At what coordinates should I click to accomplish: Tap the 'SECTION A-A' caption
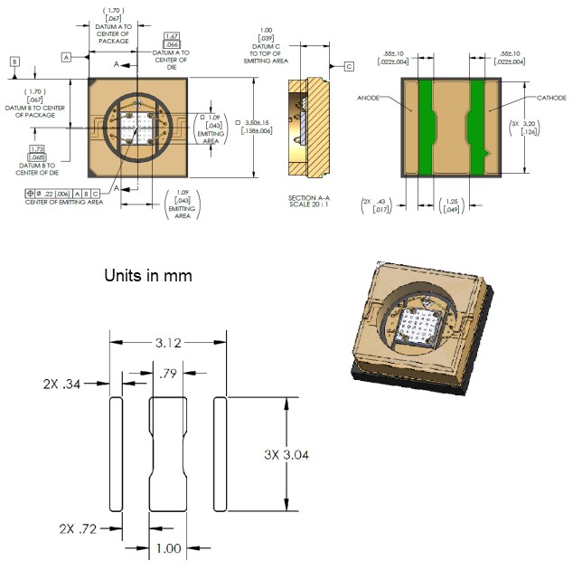click(310, 197)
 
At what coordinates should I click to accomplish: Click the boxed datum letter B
click(14, 61)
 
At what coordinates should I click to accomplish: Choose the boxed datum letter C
click(349, 65)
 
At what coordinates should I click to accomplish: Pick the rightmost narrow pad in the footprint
click(220, 453)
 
